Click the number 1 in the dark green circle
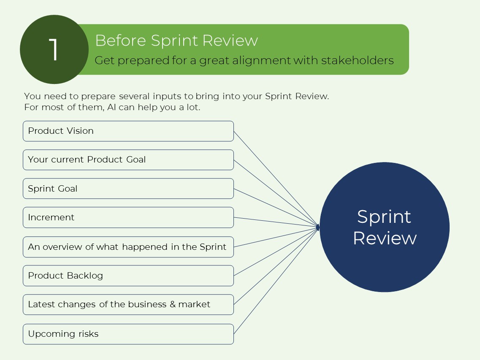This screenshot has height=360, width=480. point(54,50)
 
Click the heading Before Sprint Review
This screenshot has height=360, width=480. point(176,41)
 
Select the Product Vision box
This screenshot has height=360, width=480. point(128,131)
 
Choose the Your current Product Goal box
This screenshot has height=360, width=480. point(128,160)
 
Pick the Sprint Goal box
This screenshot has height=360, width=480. point(128,189)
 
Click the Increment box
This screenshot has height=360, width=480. point(128,217)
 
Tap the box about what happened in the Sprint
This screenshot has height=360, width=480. point(128,247)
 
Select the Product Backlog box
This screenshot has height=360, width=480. point(128,276)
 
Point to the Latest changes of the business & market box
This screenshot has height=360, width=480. point(128,304)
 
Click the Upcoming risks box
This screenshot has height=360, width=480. point(128,334)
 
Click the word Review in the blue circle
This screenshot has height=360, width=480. point(385,238)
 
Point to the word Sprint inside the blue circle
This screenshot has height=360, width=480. point(384,217)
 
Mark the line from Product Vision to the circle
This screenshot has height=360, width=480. point(274,177)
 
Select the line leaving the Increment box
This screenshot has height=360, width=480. point(274,222)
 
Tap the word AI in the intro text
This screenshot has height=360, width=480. point(111,107)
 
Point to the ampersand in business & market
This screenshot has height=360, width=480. point(172,304)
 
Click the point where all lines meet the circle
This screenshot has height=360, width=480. point(318,227)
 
